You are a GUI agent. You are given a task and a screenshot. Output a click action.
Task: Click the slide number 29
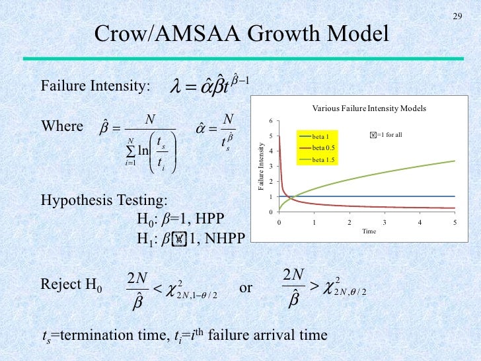click(x=457, y=17)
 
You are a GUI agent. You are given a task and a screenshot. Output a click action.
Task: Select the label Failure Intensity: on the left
click(x=96, y=87)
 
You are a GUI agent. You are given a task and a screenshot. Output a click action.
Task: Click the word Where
click(x=62, y=126)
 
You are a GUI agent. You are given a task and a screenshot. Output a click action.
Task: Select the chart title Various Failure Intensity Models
click(x=369, y=108)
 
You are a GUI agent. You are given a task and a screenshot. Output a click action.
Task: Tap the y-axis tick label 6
click(x=270, y=121)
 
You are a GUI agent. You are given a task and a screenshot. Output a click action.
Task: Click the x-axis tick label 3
click(x=385, y=223)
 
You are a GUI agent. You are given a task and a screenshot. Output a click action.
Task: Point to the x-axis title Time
click(x=369, y=231)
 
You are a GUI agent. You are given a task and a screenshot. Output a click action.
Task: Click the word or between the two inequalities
click(x=245, y=288)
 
